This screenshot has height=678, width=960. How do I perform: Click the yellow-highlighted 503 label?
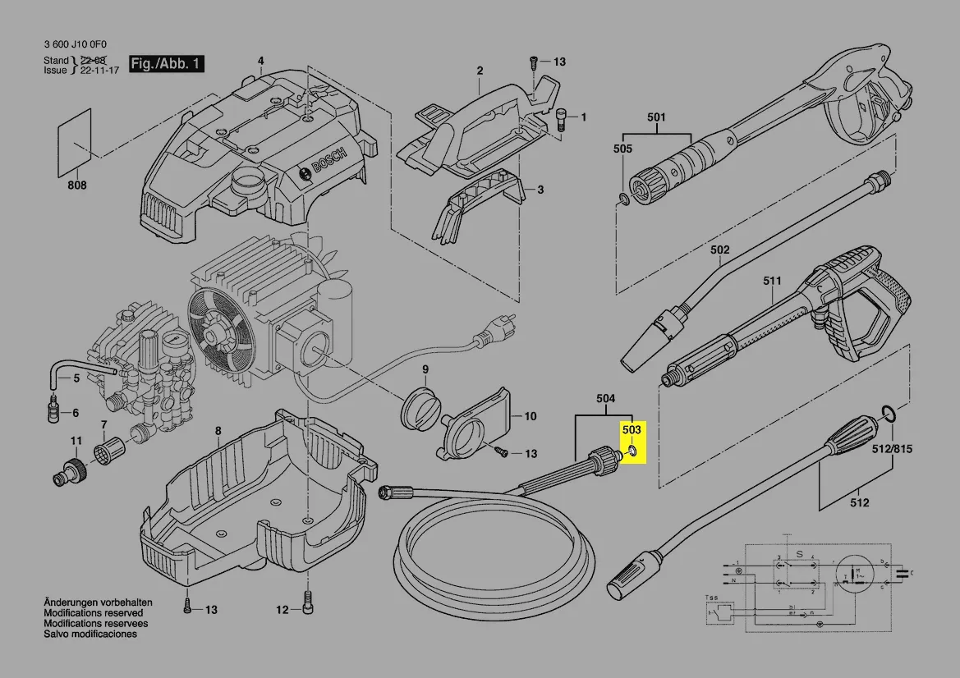click(x=632, y=429)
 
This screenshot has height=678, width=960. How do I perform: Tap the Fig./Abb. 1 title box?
click(x=167, y=63)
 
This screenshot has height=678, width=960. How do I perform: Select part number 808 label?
click(x=76, y=186)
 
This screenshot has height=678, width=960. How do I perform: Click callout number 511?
click(x=772, y=281)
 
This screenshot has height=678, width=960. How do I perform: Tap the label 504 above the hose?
click(x=605, y=400)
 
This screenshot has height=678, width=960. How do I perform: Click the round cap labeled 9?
click(x=420, y=408)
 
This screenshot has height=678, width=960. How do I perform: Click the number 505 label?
click(x=622, y=149)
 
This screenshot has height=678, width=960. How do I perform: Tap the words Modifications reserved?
click(x=93, y=613)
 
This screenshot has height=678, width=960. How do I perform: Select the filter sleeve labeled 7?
click(x=109, y=451)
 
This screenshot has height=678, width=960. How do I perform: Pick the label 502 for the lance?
click(x=719, y=250)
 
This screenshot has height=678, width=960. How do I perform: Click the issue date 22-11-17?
click(x=100, y=71)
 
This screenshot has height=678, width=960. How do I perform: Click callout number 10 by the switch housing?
click(x=530, y=416)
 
